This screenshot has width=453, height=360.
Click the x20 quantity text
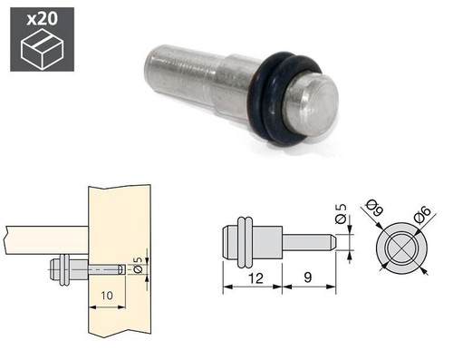[x=42, y=19]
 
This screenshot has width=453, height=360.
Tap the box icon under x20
[x=42, y=49]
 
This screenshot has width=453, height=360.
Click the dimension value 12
[x=255, y=278]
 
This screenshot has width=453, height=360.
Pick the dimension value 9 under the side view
[x=307, y=277]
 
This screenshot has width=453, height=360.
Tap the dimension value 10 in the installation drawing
[x=107, y=296]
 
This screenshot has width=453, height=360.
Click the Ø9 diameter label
[x=374, y=208]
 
